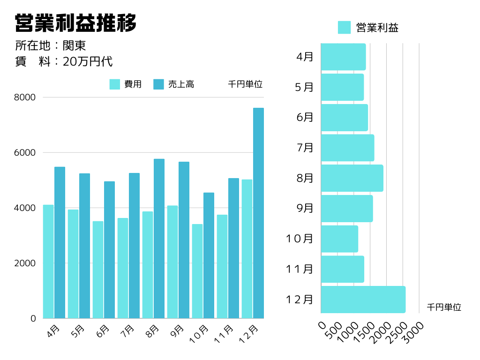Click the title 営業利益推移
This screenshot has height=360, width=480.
75,22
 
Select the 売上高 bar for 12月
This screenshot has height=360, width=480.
258,213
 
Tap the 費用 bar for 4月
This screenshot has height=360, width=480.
48,262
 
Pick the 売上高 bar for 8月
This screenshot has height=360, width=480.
159,239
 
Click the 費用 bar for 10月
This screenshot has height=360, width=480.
197,271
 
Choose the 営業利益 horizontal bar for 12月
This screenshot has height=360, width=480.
363,300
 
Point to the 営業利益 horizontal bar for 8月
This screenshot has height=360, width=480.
352,178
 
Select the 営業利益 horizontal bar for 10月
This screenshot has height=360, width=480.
339,239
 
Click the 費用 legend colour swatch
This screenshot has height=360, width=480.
115,84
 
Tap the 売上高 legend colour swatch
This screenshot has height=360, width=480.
159,84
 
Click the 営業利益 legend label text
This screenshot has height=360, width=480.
377,28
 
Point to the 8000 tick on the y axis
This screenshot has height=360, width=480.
25,97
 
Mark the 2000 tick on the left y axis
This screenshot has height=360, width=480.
25,263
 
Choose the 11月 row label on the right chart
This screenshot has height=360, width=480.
300,269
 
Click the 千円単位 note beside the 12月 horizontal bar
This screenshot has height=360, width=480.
444,307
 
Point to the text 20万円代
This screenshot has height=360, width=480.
88,61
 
